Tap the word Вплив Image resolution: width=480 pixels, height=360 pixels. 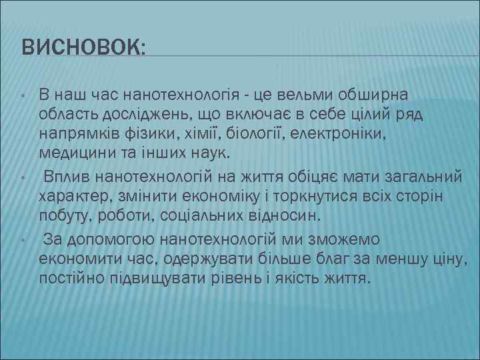[x=67, y=177]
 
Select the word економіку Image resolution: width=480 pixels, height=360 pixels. [x=215, y=197]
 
